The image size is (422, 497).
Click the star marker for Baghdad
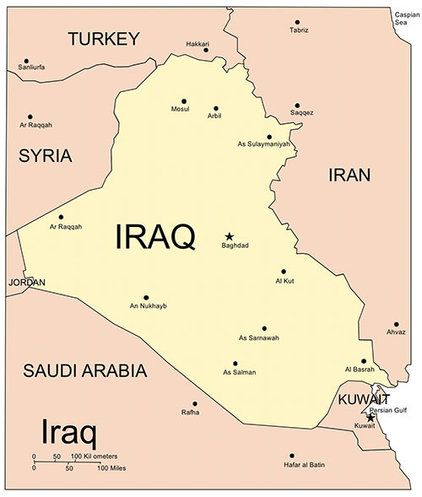click(228, 236)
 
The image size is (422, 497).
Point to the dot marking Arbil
click(216, 108)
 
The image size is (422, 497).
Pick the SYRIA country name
click(45, 155)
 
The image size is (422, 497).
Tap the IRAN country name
click(349, 175)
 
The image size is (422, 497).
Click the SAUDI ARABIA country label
click(84, 370)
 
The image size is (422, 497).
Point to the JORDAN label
click(26, 283)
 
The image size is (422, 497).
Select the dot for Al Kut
click(284, 271)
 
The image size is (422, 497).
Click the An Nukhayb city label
click(148, 305)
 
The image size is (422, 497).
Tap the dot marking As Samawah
click(264, 327)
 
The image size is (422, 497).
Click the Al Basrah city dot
click(364, 361)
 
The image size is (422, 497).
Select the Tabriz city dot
click(297, 22)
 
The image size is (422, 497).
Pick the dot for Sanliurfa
click(27, 61)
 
